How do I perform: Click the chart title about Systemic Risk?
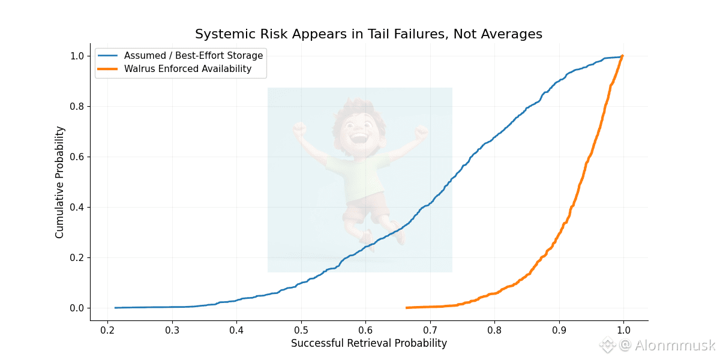368,34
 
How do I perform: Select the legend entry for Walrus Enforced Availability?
188,69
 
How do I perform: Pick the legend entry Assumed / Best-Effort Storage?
193,56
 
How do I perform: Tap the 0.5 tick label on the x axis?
301,330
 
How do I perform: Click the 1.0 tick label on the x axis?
623,330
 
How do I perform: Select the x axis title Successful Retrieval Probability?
369,344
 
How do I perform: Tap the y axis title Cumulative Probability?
59,182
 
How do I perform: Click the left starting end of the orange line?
407,308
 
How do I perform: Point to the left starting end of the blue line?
115,308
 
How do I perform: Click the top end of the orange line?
623,56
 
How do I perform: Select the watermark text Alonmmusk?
676,345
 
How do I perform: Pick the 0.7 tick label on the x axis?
430,330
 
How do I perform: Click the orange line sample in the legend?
108,69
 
